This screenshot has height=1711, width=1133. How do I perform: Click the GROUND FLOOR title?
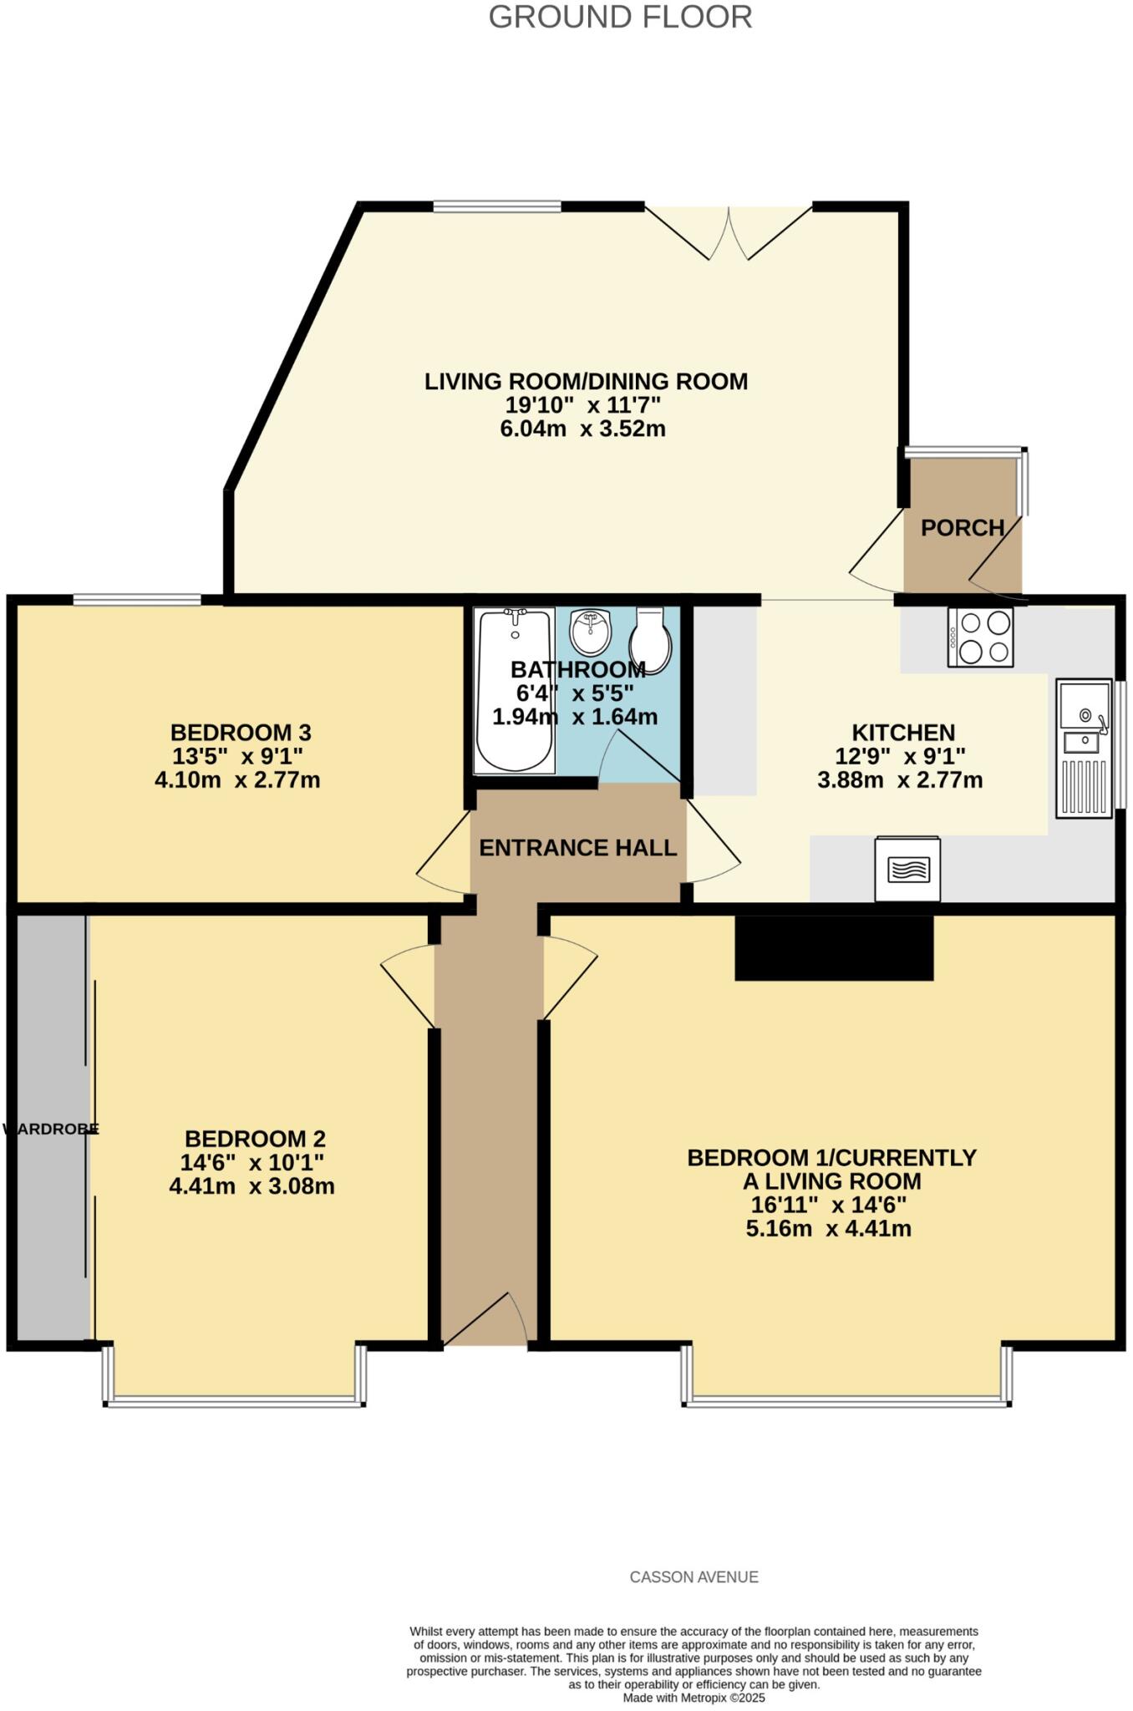point(620,18)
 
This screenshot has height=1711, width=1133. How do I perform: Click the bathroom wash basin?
point(592,632)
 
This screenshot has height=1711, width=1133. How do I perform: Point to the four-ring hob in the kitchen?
point(980,637)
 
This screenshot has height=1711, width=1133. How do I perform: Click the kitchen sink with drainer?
point(1084,749)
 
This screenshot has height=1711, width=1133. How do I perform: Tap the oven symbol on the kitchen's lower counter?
point(907,870)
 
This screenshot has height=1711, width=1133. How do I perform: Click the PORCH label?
point(963,528)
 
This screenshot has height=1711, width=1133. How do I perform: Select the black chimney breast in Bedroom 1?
point(833,947)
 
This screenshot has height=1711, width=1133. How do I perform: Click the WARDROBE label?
point(52,1130)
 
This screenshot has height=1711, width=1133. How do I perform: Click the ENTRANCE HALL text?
point(577,848)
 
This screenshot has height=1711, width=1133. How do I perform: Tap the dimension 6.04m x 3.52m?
point(582,429)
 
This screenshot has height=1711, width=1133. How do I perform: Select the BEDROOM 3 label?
point(241,733)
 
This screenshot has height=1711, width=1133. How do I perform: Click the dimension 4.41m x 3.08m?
point(252,1186)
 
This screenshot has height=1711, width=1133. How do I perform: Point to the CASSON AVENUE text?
point(694,1577)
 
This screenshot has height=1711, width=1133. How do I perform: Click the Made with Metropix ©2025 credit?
point(694,1698)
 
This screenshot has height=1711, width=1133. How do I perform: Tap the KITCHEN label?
point(903,733)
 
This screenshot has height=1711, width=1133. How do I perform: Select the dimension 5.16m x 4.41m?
point(828,1229)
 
